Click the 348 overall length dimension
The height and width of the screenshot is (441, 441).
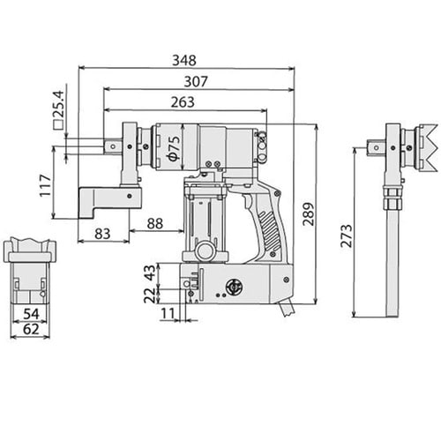pyautogui.click(x=184, y=60)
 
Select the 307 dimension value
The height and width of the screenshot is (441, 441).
pyautogui.click(x=196, y=81)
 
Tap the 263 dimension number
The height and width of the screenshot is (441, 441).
pyautogui.click(x=183, y=102)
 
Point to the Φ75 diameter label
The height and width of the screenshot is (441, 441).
pyautogui.click(x=174, y=148)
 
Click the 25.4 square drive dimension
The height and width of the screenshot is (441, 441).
pyautogui.click(x=58, y=109)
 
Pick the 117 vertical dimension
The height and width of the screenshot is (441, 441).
pyautogui.click(x=46, y=185)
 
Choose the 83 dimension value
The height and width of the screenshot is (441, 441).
pyautogui.click(x=102, y=234)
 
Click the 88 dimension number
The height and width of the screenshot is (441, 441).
pyautogui.click(x=155, y=223)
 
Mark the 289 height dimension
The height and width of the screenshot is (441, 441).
pyautogui.click(x=309, y=213)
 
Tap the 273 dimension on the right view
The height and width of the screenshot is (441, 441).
pyautogui.click(x=347, y=235)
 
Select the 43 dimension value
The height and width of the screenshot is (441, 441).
pyautogui.click(x=149, y=273)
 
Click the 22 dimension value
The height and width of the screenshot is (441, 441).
pyautogui.click(x=149, y=295)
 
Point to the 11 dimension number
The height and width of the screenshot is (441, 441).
pyautogui.click(x=168, y=314)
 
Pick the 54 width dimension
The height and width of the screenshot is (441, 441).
pyautogui.click(x=31, y=314)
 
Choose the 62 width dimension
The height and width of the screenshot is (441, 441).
pyautogui.click(x=31, y=329)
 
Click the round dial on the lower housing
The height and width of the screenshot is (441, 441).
pyautogui.click(x=233, y=287)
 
